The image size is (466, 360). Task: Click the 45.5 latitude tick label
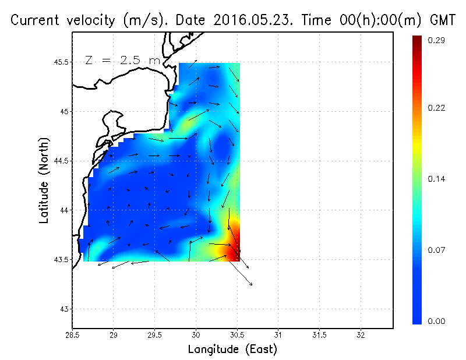[x=59, y=62]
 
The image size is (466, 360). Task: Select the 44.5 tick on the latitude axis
[x=59, y=161]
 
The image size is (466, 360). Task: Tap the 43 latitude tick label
[x=63, y=309]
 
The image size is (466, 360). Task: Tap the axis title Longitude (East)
[x=232, y=350]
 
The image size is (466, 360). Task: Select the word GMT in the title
[x=443, y=20]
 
